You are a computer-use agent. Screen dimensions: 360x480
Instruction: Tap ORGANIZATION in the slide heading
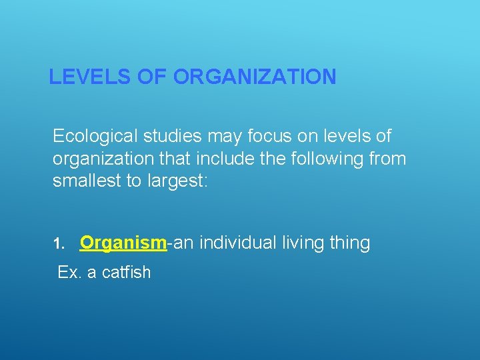pyautogui.click(x=255, y=77)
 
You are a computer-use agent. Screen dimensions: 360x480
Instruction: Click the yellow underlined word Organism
pyautogui.click(x=123, y=243)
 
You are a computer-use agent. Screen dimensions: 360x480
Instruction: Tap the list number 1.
pyautogui.click(x=58, y=244)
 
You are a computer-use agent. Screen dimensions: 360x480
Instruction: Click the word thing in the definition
pyautogui.click(x=350, y=243)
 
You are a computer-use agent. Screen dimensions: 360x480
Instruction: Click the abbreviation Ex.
pyautogui.click(x=69, y=272)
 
